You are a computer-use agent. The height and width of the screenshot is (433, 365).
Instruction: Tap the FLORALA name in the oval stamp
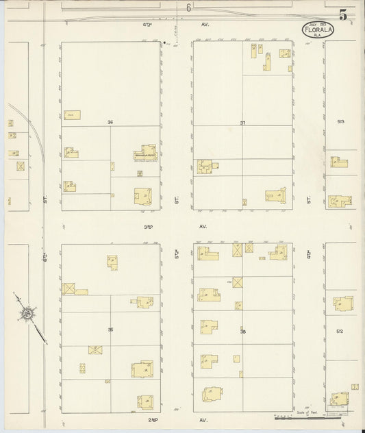313,29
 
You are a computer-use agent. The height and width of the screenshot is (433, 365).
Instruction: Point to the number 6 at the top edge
187,8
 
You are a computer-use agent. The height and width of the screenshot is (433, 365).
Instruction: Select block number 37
242,122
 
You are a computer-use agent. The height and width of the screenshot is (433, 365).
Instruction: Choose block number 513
341,121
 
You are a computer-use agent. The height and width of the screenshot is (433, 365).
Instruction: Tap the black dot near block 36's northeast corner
164,43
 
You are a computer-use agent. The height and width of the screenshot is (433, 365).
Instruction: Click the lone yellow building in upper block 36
72,114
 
